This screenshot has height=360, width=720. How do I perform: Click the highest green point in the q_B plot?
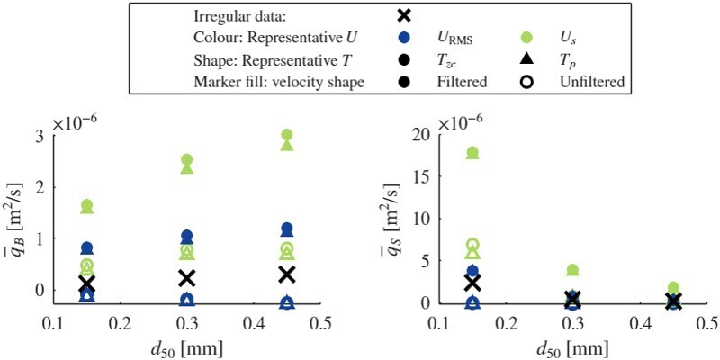(286, 135)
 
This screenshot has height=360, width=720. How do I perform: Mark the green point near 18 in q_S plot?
(472, 153)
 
